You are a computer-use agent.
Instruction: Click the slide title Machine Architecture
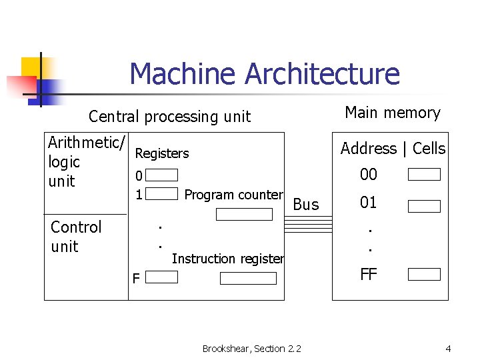(x=265, y=74)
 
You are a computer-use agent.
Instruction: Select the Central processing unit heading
(x=169, y=117)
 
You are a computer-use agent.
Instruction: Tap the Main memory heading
(x=392, y=113)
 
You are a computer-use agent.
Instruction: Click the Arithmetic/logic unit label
(x=85, y=161)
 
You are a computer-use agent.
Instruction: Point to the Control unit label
(x=76, y=237)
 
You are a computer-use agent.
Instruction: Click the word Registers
(x=162, y=153)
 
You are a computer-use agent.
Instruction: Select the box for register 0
(x=162, y=175)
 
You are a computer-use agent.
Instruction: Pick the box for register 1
(x=162, y=194)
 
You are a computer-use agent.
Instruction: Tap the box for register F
(x=162, y=277)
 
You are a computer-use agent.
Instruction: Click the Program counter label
(x=233, y=195)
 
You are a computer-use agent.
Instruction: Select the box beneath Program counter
(x=245, y=215)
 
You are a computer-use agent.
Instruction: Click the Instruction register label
(x=228, y=259)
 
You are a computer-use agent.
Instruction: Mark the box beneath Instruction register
(x=247, y=278)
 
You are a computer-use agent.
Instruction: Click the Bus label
(x=306, y=205)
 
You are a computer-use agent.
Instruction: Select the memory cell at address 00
(x=424, y=175)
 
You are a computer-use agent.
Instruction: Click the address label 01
(x=369, y=203)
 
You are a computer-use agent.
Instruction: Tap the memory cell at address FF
(x=424, y=274)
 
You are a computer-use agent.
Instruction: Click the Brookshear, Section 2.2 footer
(x=252, y=349)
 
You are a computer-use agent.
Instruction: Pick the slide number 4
(x=448, y=349)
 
